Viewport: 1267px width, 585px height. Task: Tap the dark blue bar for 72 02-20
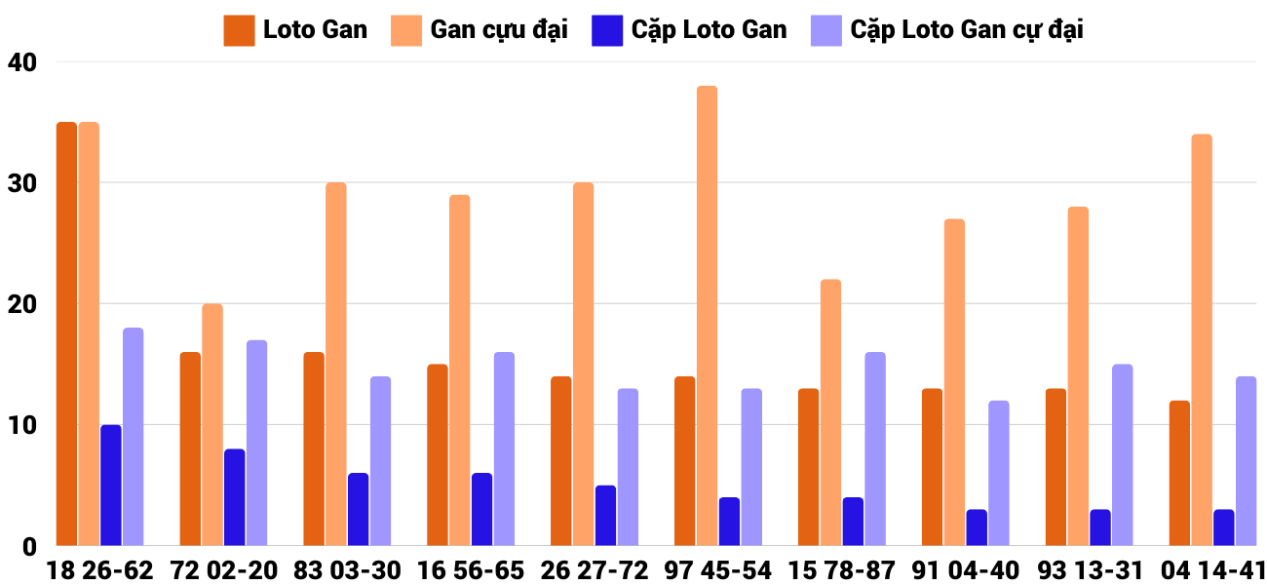(235, 497)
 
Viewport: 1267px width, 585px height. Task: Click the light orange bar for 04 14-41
(1202, 340)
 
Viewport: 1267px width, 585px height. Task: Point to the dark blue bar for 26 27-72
(605, 516)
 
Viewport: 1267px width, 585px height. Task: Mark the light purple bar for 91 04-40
(998, 473)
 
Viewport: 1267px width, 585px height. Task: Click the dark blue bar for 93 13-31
(1100, 527)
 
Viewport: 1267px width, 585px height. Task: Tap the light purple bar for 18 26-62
(133, 437)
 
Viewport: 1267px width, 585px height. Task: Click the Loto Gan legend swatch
(239, 30)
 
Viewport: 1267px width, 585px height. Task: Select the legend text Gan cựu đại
(499, 30)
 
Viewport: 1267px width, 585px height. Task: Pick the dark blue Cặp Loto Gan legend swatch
(606, 30)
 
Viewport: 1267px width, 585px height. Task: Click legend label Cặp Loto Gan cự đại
(967, 30)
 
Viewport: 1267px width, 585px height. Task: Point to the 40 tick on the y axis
(21, 62)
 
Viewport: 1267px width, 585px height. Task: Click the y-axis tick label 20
(21, 304)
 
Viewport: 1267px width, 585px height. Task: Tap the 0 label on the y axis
(28, 546)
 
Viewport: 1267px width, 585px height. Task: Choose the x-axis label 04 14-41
(1212, 570)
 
